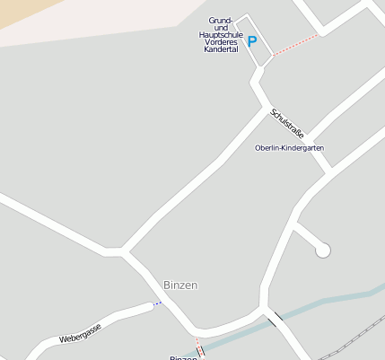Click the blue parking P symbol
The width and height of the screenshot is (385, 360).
(252, 41)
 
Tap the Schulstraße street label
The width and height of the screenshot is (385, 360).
(284, 124)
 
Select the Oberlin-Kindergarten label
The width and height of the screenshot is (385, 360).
(289, 147)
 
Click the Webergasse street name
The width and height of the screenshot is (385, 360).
(80, 331)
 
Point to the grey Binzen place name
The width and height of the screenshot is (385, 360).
(180, 285)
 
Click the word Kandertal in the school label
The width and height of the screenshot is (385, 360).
(221, 49)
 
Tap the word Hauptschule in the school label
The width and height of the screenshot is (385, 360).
(221, 34)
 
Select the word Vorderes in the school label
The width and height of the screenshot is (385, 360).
(221, 42)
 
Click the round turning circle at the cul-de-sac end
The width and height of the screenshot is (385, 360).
(323, 250)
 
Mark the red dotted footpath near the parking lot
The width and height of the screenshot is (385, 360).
(294, 45)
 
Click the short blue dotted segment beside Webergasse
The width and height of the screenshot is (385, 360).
(158, 303)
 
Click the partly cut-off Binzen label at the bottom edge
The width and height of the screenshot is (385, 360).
(183, 357)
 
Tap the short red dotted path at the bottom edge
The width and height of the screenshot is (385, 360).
(198, 348)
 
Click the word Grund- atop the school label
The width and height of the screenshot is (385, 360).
(221, 20)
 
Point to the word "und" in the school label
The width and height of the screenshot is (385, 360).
(221, 27)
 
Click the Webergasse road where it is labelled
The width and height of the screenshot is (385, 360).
(108, 319)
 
